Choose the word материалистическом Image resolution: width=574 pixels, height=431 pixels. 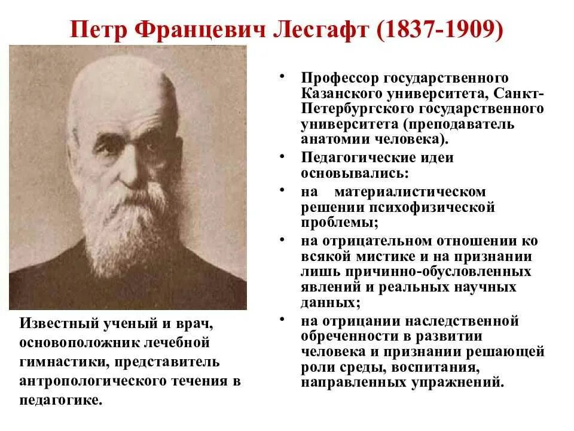pos(410,192)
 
